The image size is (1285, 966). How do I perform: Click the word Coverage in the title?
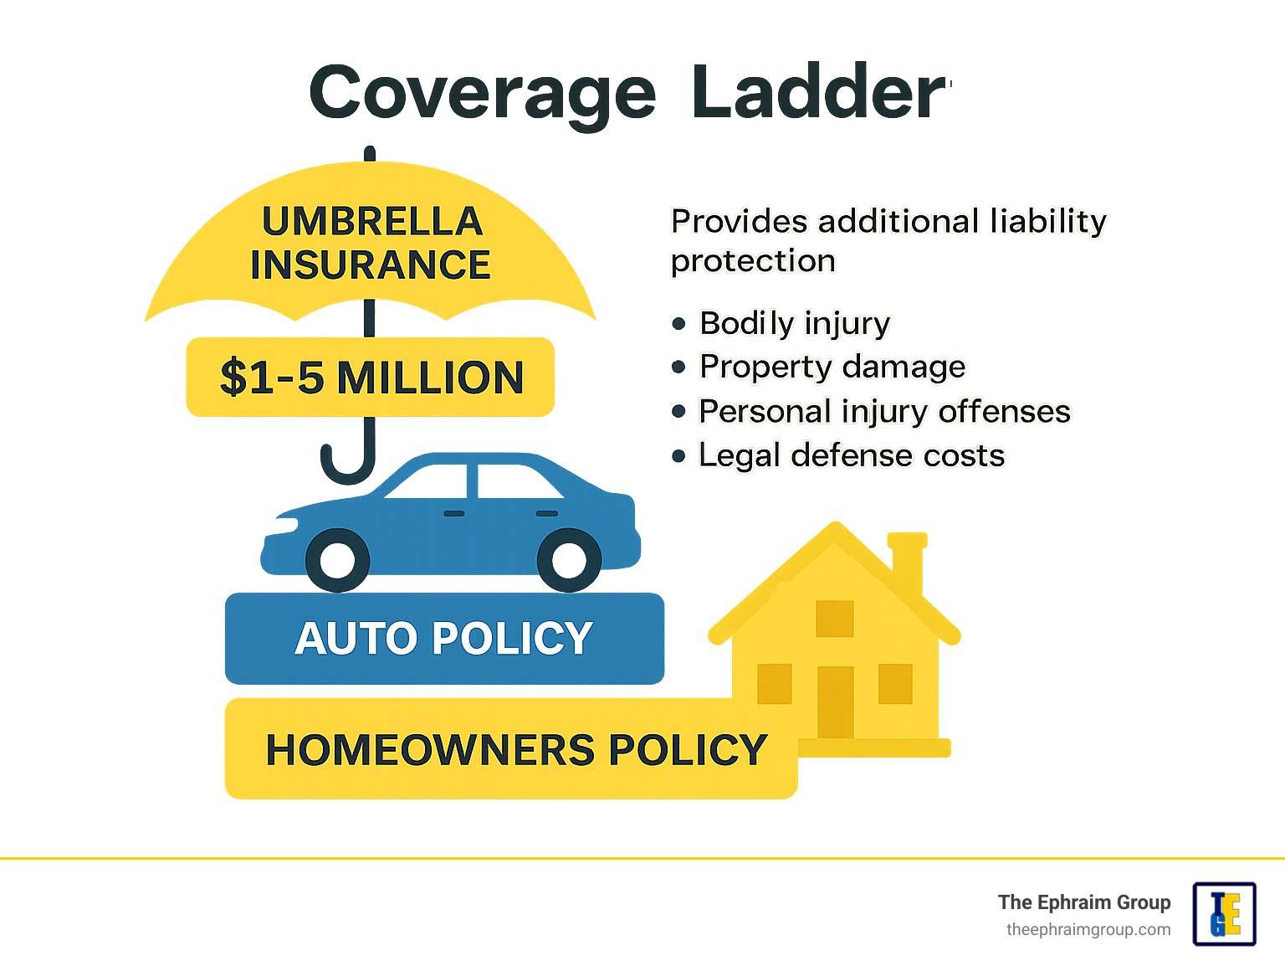click(x=482, y=94)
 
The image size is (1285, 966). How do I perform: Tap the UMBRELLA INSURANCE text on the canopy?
click(x=371, y=244)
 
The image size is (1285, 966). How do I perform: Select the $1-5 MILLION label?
click(x=371, y=378)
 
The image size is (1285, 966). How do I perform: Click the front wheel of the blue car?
click(x=337, y=560)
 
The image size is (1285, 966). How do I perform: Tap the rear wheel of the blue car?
click(x=569, y=560)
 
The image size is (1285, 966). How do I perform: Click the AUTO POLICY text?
click(x=443, y=639)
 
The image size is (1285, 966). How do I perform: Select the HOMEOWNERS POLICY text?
click(x=515, y=750)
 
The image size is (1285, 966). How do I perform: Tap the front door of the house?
click(x=835, y=701)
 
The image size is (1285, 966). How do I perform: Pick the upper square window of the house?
click(x=834, y=619)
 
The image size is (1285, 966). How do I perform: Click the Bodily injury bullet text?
click(x=795, y=323)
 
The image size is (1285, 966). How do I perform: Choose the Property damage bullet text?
click(x=832, y=367)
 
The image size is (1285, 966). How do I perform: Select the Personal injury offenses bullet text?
click(x=884, y=412)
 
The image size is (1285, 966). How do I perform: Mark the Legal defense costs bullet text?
click(x=852, y=455)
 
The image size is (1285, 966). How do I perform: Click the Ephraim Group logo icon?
click(x=1224, y=914)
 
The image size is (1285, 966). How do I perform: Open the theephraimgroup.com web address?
click(x=1088, y=930)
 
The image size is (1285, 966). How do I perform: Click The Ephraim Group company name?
click(x=1083, y=902)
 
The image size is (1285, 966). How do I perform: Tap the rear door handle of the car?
click(x=546, y=513)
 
